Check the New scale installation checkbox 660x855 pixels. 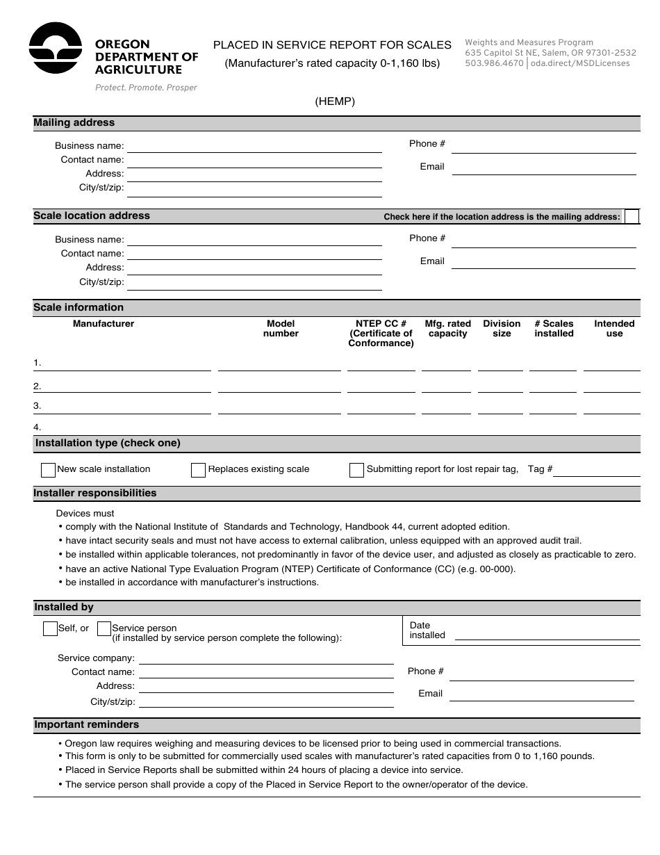(x=48, y=470)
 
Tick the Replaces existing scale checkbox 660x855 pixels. (x=198, y=470)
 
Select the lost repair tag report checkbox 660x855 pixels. (x=356, y=470)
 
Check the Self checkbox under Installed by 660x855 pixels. (x=50, y=628)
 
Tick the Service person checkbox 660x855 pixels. (x=104, y=628)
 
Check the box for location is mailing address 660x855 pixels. (x=632, y=216)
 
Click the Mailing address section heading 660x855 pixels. (x=74, y=123)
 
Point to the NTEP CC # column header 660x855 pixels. (x=381, y=333)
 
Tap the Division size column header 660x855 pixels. (x=502, y=329)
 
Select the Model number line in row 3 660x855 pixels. (x=279, y=408)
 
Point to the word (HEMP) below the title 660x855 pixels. (x=335, y=101)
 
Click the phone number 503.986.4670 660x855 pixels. (x=494, y=63)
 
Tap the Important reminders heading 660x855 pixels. (x=87, y=725)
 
